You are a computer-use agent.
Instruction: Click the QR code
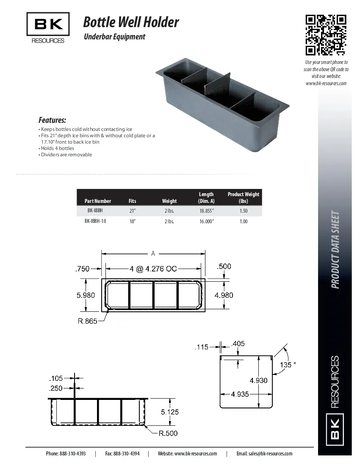[x=326, y=35]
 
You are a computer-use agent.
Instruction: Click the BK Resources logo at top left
[x=48, y=28]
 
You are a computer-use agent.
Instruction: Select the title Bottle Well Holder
[x=131, y=22]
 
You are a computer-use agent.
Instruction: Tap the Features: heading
[x=52, y=120]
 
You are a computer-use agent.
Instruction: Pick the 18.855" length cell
[x=207, y=211]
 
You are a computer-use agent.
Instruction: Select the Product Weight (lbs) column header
[x=244, y=197]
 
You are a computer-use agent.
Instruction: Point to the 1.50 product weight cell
[x=244, y=211]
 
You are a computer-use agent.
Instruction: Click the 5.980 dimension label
[x=86, y=295]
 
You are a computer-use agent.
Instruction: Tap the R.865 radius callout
[x=87, y=321]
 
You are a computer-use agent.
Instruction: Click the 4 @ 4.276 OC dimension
[x=153, y=268]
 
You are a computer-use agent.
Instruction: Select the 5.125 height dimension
[x=169, y=411]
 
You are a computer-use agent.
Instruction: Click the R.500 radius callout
[x=168, y=433]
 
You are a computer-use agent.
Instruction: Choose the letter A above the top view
[x=153, y=253]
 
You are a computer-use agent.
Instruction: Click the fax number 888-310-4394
[x=127, y=453]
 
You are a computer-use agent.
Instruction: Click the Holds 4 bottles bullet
[x=57, y=148]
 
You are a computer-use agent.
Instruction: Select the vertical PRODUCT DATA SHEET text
[x=335, y=250]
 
